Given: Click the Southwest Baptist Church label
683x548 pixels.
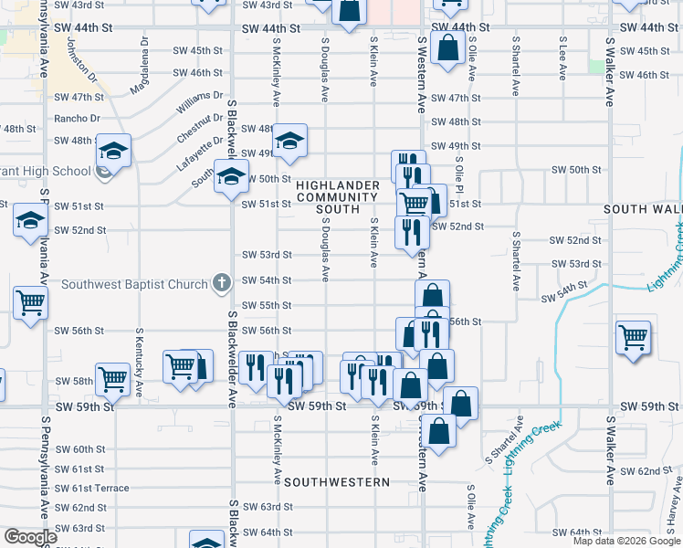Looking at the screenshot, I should (x=135, y=284).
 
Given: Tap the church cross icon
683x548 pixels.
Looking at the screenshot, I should (x=220, y=283).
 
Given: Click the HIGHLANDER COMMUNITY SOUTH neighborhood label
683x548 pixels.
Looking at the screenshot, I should (x=331, y=196).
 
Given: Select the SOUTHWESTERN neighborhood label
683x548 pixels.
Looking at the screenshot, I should (x=337, y=481).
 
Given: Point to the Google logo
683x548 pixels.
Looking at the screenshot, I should (x=30, y=537).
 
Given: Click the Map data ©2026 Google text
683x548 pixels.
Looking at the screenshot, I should (x=626, y=541).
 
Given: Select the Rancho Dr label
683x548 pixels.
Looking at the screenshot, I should (x=77, y=118).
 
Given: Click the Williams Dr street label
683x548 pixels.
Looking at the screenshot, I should (x=200, y=101).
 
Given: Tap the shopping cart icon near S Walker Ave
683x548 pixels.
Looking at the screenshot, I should (x=633, y=337).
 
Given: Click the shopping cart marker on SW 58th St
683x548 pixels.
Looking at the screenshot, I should (x=113, y=376).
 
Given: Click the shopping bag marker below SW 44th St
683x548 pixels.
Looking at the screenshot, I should (x=447, y=47).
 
